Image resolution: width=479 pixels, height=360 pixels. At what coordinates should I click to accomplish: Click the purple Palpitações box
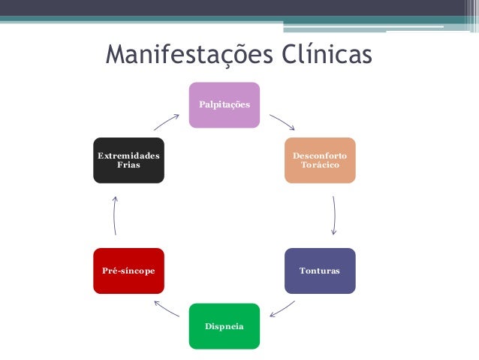click(x=224, y=104)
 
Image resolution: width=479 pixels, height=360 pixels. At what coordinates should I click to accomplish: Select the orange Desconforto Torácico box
click(x=320, y=159)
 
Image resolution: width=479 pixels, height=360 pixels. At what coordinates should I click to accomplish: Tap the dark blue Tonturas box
click(x=320, y=270)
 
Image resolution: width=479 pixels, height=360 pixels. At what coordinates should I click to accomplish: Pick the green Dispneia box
click(x=224, y=325)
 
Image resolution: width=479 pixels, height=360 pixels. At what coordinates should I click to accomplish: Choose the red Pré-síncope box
click(x=128, y=270)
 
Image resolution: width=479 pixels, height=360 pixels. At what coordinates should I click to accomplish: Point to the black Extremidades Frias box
click(x=128, y=159)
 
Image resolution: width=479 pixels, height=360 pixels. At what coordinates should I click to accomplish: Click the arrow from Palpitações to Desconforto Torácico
click(x=282, y=121)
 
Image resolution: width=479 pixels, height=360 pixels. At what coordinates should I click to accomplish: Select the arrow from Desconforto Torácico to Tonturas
click(x=333, y=216)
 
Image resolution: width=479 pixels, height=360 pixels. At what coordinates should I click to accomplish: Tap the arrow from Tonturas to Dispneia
click(x=282, y=309)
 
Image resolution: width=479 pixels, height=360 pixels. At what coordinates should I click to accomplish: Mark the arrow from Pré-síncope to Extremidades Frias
click(x=114, y=216)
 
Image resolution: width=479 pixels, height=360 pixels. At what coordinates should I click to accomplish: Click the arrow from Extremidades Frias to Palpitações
click(x=167, y=122)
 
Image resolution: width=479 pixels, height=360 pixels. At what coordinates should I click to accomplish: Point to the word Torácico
click(x=320, y=164)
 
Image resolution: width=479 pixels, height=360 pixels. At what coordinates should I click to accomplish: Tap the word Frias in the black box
click(x=128, y=164)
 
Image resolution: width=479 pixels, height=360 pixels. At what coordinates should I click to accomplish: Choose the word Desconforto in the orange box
click(x=320, y=155)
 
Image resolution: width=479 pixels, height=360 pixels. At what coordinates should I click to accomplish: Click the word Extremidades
click(x=128, y=155)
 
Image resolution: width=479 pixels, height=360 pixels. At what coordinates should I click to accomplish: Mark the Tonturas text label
click(x=320, y=270)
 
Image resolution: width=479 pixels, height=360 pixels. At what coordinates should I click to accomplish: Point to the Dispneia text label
click(x=224, y=326)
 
